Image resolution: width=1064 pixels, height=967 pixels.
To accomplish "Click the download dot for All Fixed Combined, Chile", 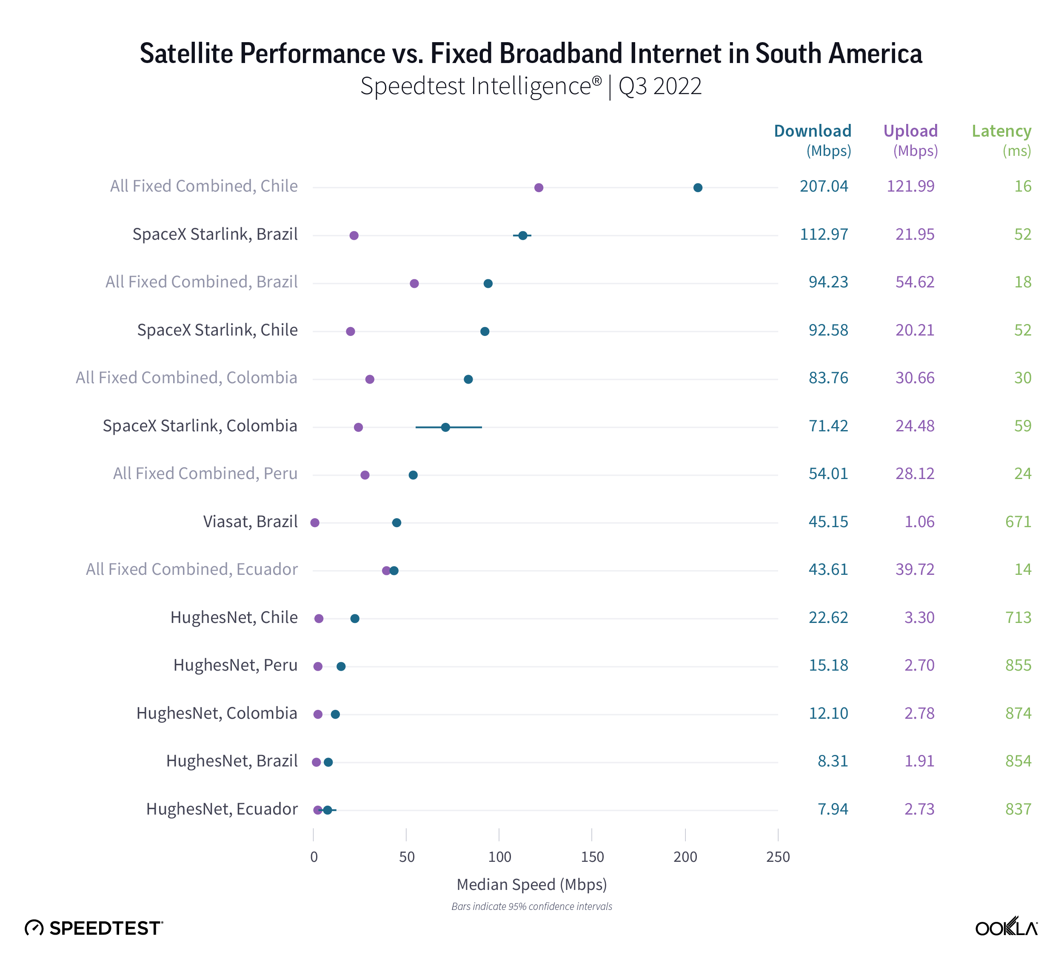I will pyautogui.click(x=697, y=187).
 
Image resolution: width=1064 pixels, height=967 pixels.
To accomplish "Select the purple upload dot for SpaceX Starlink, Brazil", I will pyautogui.click(x=354, y=235).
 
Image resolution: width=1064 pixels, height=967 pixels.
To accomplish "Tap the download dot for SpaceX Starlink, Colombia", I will pyautogui.click(x=445, y=427).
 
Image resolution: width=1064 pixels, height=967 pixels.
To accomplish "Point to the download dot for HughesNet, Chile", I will pyautogui.click(x=355, y=618).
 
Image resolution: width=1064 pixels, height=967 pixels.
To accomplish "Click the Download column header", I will pyautogui.click(x=812, y=131).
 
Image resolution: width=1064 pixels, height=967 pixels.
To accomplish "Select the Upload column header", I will pyautogui.click(x=910, y=131).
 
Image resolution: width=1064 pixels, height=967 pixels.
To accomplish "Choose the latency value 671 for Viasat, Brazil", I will pyautogui.click(x=1018, y=522).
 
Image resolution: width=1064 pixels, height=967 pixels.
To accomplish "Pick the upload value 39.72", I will pyautogui.click(x=915, y=569).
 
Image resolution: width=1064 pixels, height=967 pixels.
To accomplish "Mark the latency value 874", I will pyautogui.click(x=1018, y=714).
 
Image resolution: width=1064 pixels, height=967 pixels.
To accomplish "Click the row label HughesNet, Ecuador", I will pyautogui.click(x=222, y=809).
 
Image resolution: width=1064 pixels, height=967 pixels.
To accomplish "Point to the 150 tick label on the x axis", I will pyautogui.click(x=592, y=857).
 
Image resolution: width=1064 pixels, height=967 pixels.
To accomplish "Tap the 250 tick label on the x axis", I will pyautogui.click(x=778, y=857).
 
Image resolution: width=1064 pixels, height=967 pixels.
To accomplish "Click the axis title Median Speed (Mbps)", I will pyautogui.click(x=531, y=885).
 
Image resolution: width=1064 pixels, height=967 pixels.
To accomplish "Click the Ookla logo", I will pyautogui.click(x=1006, y=928).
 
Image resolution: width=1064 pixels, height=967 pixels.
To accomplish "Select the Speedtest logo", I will pyautogui.click(x=94, y=928).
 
